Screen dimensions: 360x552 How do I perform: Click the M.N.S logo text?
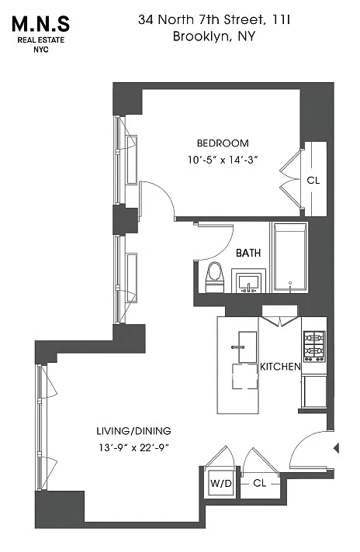pyautogui.click(x=40, y=24)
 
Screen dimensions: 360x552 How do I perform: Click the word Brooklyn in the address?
pyautogui.click(x=199, y=36)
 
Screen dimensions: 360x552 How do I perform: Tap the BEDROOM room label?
pyautogui.click(x=223, y=143)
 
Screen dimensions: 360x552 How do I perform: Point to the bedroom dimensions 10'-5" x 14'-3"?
pyautogui.click(x=223, y=160)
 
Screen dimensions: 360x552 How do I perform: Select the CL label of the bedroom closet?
pyautogui.click(x=313, y=180)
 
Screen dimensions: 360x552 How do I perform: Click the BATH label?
pyautogui.click(x=248, y=253)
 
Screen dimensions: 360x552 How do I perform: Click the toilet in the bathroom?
pyautogui.click(x=214, y=277)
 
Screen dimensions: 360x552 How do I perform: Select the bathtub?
pyautogui.click(x=289, y=257)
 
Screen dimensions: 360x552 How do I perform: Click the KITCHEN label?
pyautogui.click(x=280, y=367)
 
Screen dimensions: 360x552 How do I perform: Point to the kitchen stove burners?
pyautogui.click(x=314, y=346)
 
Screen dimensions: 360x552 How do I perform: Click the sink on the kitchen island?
pyautogui.click(x=247, y=347)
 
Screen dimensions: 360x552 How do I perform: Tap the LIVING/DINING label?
pyautogui.click(x=134, y=431)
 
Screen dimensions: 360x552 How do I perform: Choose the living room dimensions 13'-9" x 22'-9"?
pyautogui.click(x=134, y=448)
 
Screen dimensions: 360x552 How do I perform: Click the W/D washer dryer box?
pyautogui.click(x=221, y=483)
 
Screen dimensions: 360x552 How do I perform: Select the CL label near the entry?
pyautogui.click(x=260, y=483)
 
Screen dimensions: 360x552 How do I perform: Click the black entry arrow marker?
pyautogui.click(x=337, y=448)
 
